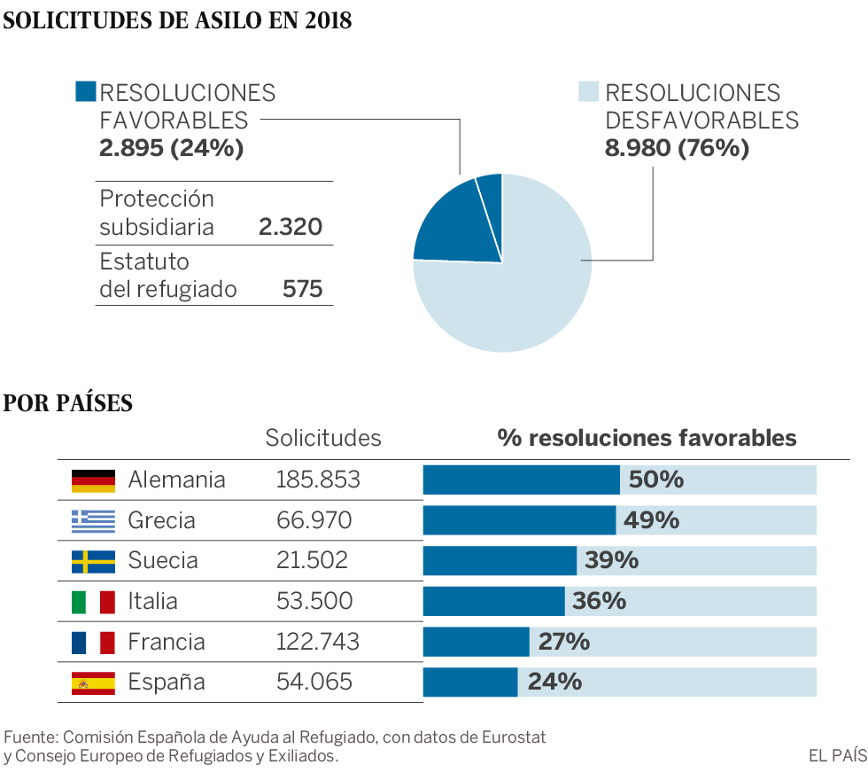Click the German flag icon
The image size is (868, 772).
[x=93, y=480]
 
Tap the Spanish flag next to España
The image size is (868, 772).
[x=93, y=682]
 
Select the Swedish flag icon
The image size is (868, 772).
[x=93, y=562]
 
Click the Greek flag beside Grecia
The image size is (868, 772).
[x=93, y=521]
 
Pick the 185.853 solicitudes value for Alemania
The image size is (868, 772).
[x=318, y=480]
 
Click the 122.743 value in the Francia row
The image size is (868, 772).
[x=318, y=642]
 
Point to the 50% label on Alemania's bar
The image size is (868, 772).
[x=656, y=480]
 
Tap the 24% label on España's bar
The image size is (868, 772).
[x=554, y=682]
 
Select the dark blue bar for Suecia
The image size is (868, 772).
[x=500, y=560]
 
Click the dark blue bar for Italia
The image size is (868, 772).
[x=494, y=601]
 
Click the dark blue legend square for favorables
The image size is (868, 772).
[x=86, y=91]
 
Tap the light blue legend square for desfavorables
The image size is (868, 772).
[x=588, y=91]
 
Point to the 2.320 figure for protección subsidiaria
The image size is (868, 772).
[x=291, y=227]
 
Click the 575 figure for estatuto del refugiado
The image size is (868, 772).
[x=302, y=289]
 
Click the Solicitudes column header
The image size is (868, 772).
[x=323, y=438]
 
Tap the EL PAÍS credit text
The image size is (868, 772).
[x=838, y=755]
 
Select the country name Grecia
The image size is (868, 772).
[x=161, y=520]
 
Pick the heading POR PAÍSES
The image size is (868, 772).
[x=68, y=402]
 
